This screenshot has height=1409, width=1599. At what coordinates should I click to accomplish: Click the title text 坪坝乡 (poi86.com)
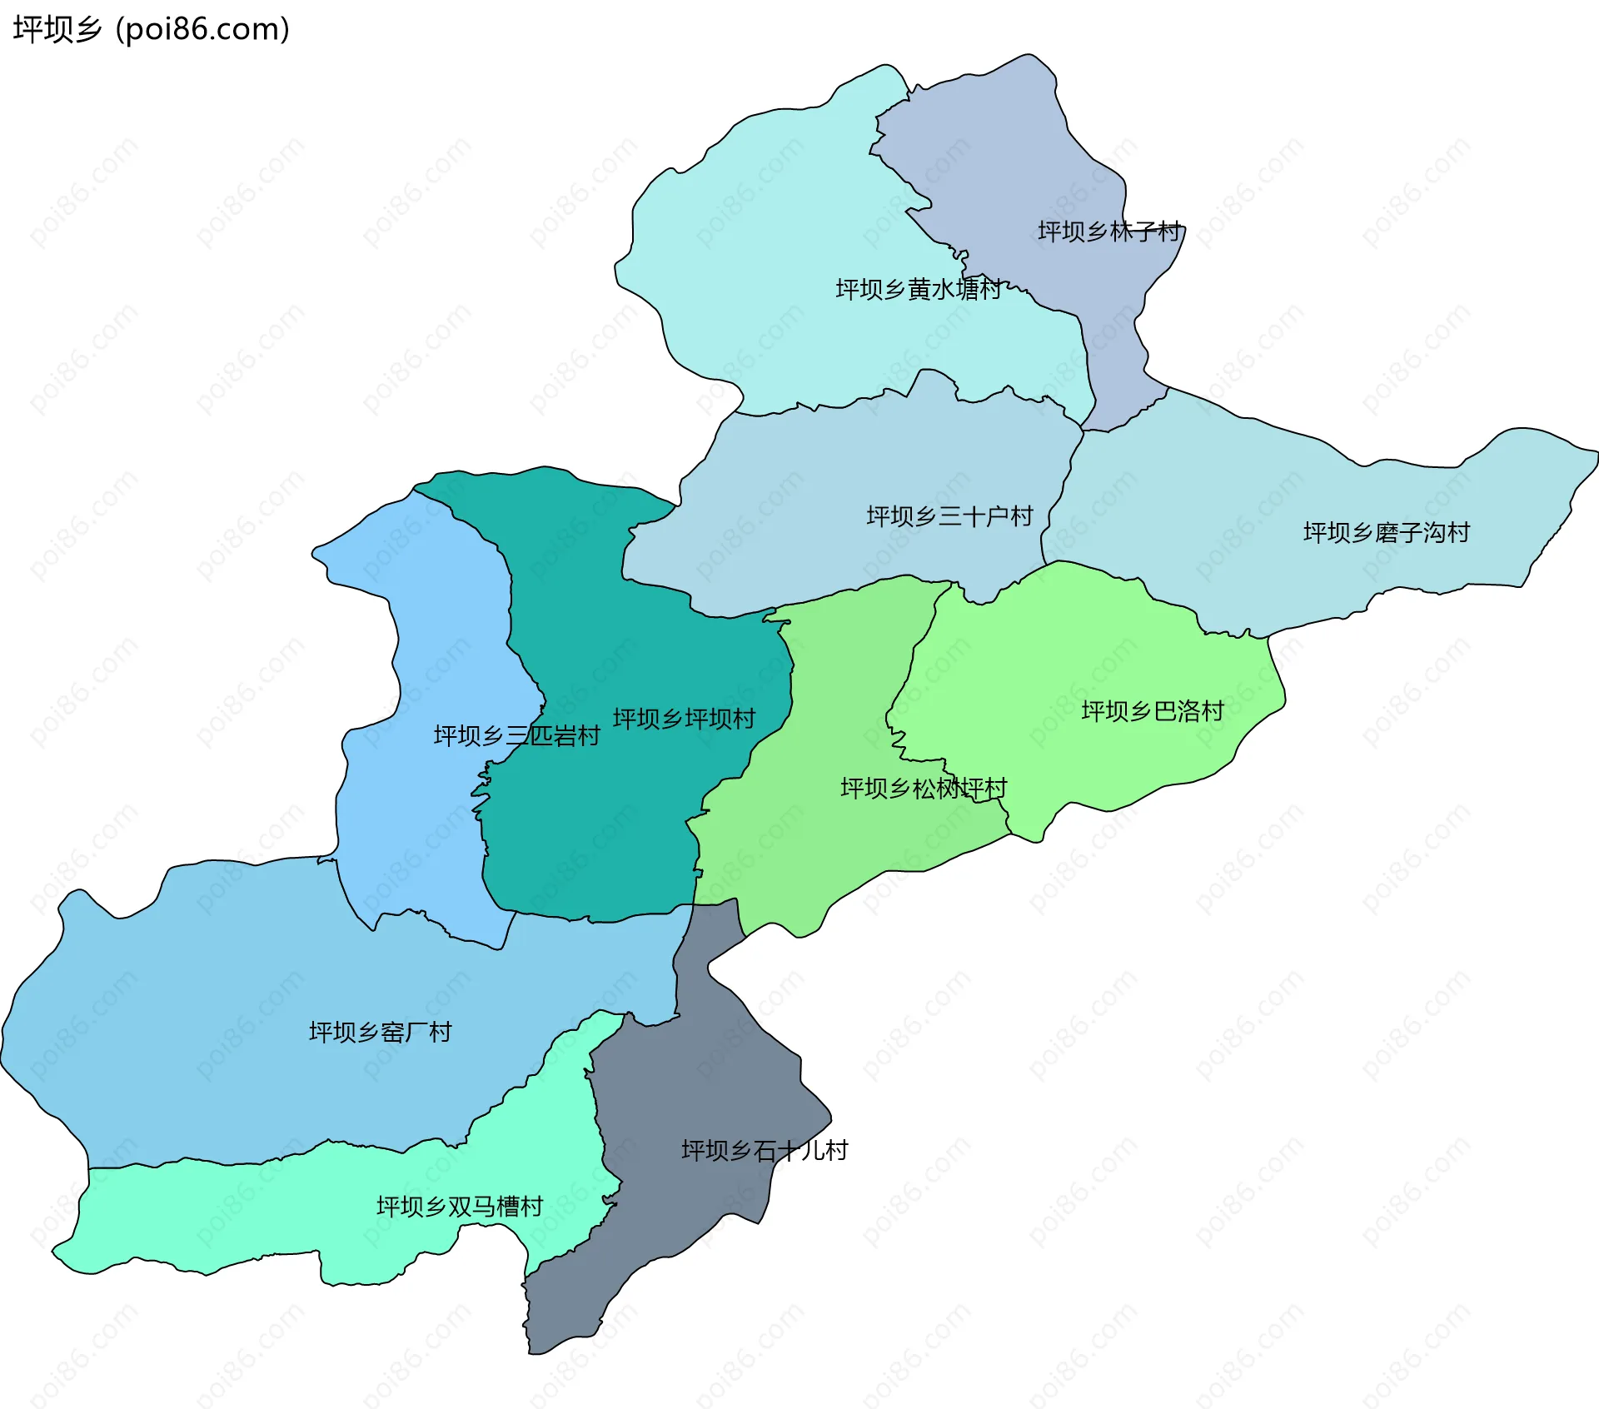(152, 29)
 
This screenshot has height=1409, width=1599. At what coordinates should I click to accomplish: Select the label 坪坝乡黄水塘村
(918, 289)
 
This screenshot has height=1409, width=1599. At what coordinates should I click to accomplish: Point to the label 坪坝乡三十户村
(949, 516)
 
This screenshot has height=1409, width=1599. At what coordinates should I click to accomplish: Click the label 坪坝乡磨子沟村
(1386, 532)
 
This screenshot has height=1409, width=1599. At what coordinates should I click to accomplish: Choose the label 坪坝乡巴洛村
(1152, 711)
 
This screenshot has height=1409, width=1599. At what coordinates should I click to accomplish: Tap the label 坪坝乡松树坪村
(923, 788)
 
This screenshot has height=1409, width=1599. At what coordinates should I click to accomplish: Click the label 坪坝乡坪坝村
(684, 719)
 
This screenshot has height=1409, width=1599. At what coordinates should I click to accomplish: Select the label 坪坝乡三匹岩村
(516, 736)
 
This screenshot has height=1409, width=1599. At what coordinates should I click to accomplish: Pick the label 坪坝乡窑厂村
(380, 1033)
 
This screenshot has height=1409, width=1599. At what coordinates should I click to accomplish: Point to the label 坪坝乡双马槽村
(459, 1207)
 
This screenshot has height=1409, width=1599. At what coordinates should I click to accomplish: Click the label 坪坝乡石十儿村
(764, 1151)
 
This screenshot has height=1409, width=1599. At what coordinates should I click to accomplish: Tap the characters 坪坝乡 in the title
(57, 29)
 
